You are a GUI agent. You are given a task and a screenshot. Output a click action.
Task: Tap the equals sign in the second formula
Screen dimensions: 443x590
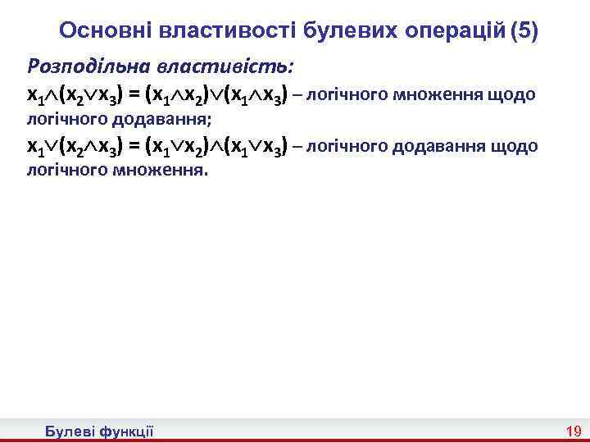(x=134, y=147)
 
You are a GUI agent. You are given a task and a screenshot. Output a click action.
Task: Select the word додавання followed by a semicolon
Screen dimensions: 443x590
(x=156, y=120)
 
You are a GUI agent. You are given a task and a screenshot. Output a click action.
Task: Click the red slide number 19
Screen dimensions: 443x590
(x=573, y=432)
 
